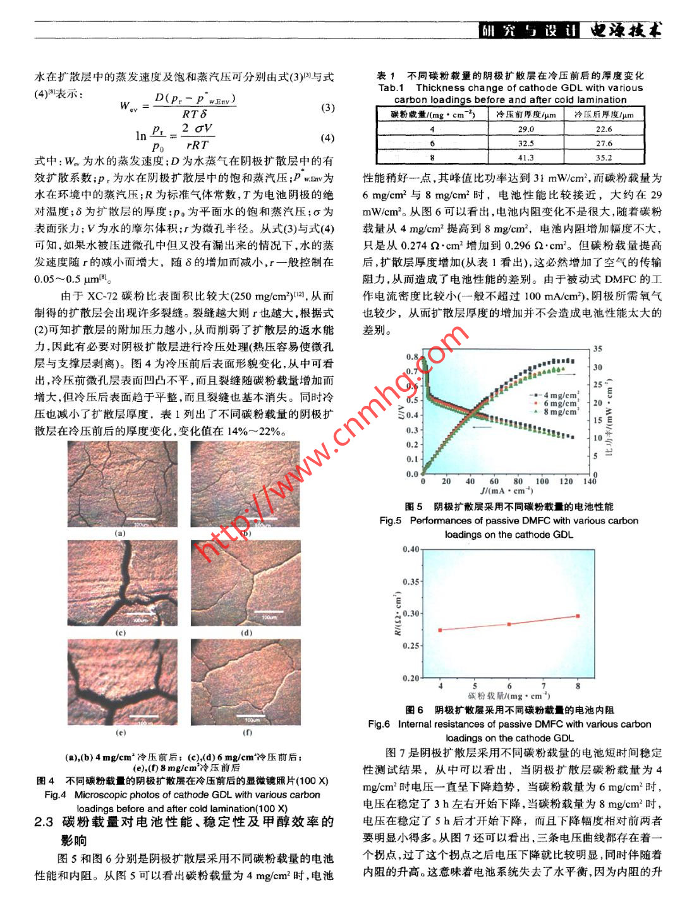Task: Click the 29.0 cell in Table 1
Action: pyautogui.click(x=525, y=129)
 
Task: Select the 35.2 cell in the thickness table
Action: pyautogui.click(x=604, y=158)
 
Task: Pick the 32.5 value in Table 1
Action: pyautogui.click(x=525, y=143)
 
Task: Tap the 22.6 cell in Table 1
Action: pyautogui.click(x=604, y=129)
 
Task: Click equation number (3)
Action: pyautogui.click(x=327, y=107)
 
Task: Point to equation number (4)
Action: pyautogui.click(x=327, y=138)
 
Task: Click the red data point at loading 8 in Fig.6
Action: pyautogui.click(x=578, y=616)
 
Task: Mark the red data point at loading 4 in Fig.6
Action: pyautogui.click(x=440, y=630)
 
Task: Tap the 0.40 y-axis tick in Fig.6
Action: pyautogui.click(x=411, y=549)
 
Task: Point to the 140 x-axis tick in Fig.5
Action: pyautogui.click(x=589, y=482)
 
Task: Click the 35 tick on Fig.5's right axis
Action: pyautogui.click(x=598, y=349)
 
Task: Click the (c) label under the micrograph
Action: pyautogui.click(x=121, y=633)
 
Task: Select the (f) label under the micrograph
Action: pyautogui.click(x=248, y=733)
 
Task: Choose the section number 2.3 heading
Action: pyautogui.click(x=44, y=822)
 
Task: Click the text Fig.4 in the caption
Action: pyautogui.click(x=55, y=795)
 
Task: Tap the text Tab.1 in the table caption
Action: pyautogui.click(x=391, y=88)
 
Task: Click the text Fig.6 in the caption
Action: pyautogui.click(x=379, y=724)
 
